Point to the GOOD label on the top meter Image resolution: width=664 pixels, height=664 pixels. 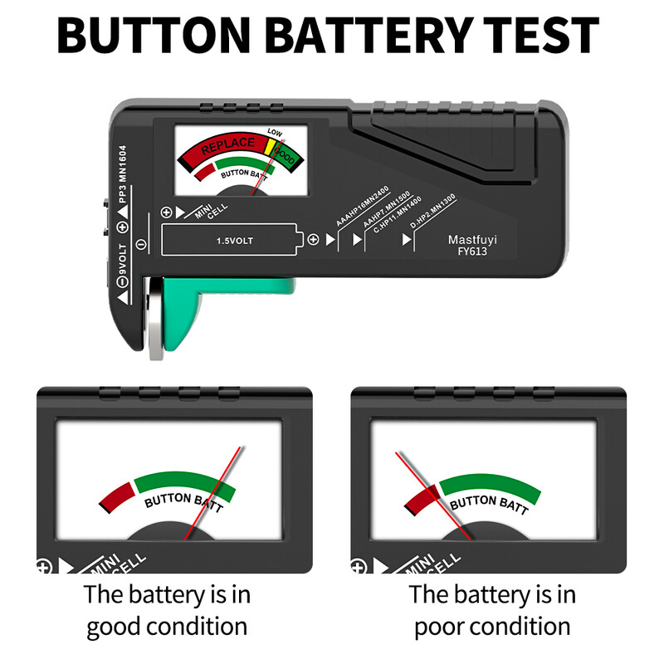pyautogui.click(x=285, y=155)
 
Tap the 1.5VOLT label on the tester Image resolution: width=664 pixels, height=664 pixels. pyautogui.click(x=235, y=241)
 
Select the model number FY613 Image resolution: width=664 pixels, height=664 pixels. pyautogui.click(x=471, y=251)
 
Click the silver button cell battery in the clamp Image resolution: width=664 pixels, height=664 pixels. pyautogui.click(x=154, y=320)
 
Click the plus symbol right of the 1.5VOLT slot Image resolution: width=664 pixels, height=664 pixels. pyautogui.click(x=313, y=240)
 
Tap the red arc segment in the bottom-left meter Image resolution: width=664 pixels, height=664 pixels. pyautogui.click(x=115, y=496)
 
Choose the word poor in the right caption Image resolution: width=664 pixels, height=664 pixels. pyautogui.click(x=446, y=626)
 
